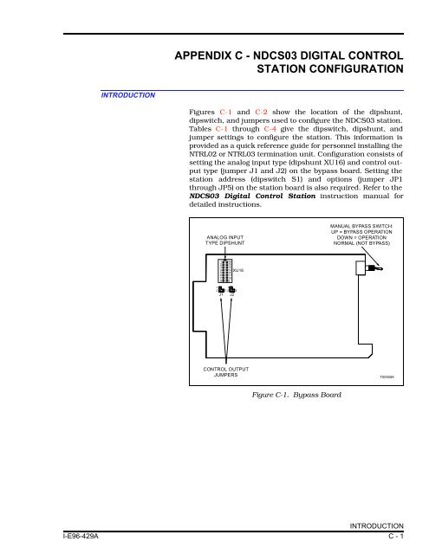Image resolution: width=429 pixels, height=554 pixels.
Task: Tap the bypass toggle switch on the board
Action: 367,272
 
